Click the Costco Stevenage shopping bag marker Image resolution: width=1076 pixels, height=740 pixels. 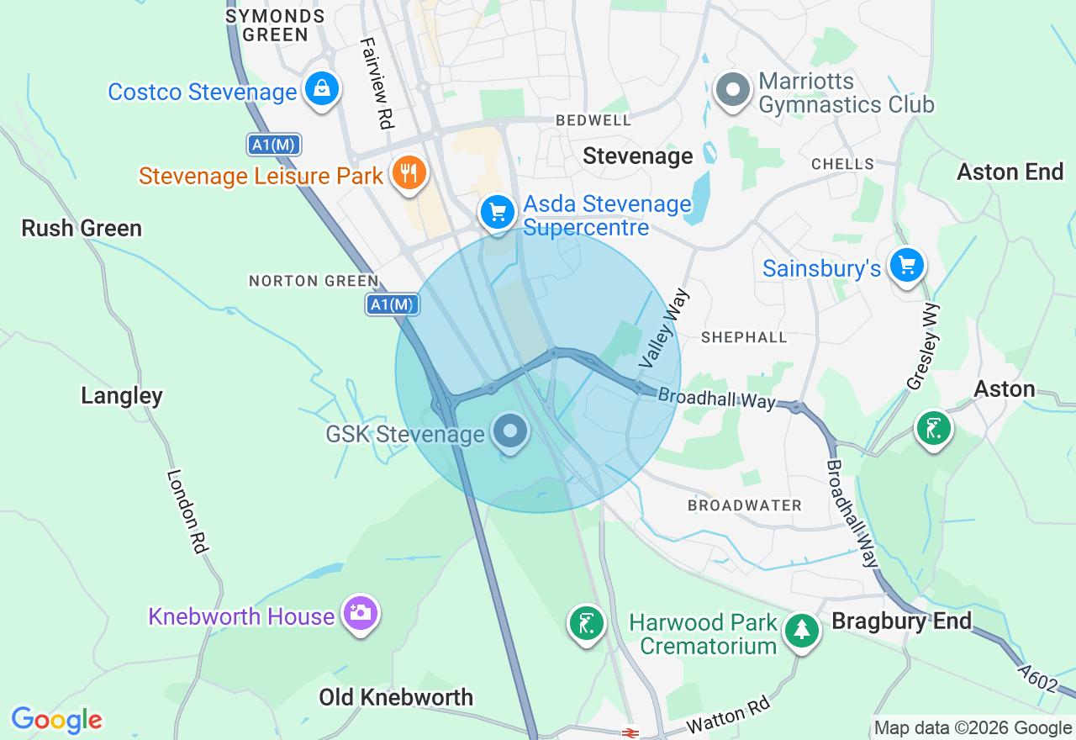[321, 88]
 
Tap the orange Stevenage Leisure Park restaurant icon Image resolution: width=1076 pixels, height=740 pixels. [409, 174]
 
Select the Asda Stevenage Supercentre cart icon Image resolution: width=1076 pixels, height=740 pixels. [498, 211]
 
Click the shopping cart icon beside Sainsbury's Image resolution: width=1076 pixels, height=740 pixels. [906, 267]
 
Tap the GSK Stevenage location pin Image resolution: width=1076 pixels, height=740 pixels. [510, 433]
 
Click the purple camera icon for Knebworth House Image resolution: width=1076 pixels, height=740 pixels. [361, 613]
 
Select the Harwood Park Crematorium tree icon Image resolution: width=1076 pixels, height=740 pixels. [802, 631]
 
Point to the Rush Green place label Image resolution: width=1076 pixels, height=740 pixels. [82, 228]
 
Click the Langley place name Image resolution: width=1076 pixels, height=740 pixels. [122, 395]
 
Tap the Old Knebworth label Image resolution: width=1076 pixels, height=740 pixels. [396, 697]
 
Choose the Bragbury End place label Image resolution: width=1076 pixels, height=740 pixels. [901, 621]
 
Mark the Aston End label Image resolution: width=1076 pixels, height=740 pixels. [1010, 172]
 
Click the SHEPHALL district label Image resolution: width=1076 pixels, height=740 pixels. [745, 337]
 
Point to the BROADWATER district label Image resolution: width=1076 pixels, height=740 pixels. [745, 505]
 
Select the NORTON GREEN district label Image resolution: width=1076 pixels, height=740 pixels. [314, 281]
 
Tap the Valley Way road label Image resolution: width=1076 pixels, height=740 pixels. [664, 328]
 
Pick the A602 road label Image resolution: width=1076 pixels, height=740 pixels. [1036, 679]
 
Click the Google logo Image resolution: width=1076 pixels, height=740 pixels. [56, 720]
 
